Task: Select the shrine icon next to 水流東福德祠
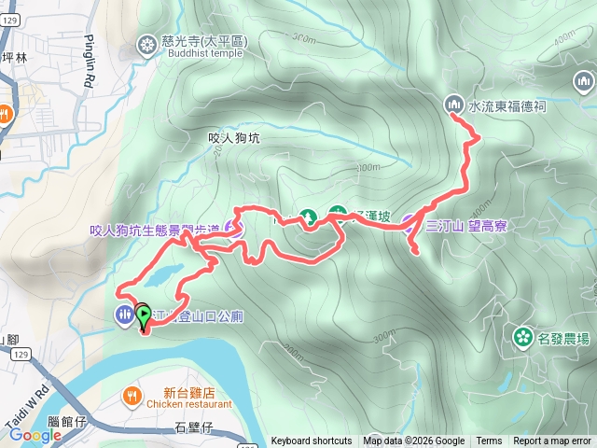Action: (x=454, y=104)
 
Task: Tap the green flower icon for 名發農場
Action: (x=521, y=334)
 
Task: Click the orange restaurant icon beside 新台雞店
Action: (x=132, y=395)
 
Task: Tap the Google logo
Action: (x=35, y=435)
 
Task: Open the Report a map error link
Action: (x=552, y=441)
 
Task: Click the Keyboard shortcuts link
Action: (x=312, y=441)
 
